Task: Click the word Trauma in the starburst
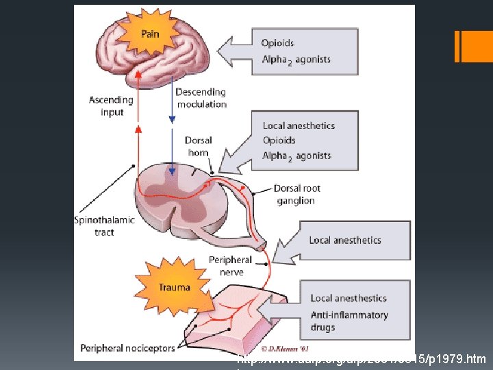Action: pos(174,287)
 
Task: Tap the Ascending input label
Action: pos(112,106)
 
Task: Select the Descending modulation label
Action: pos(201,98)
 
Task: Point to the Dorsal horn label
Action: pos(198,146)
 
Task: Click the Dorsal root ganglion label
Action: pos(296,195)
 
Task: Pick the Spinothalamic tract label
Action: pos(104,226)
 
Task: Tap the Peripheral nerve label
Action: pos(231,266)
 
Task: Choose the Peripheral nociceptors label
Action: pos(127,347)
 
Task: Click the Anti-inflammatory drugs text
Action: pos(349,321)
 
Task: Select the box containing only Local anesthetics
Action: pos(344,240)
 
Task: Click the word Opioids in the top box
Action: pos(278,43)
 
